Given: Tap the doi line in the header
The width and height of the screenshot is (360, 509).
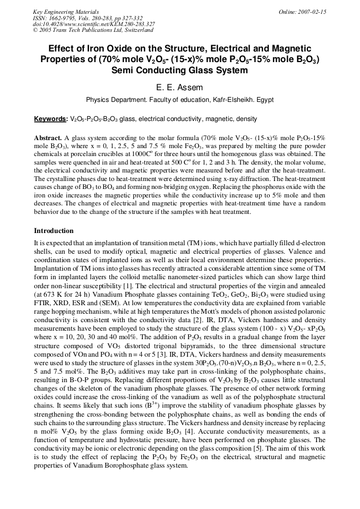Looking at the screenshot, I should pos(94,24).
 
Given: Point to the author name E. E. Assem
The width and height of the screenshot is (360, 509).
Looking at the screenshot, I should pos(180,88).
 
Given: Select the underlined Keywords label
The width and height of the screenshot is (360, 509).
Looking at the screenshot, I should pos(50,119).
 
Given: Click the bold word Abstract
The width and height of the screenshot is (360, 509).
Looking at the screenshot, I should pos(48,137).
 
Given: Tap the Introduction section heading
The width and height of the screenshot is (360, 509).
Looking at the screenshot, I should pos(54,231).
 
